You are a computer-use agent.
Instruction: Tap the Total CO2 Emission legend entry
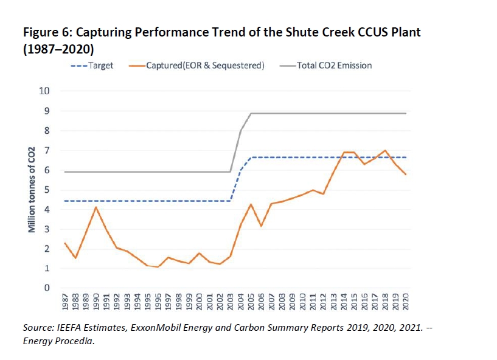(333, 65)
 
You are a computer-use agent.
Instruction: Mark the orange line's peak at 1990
(96, 207)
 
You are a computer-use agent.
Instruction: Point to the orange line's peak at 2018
(385, 150)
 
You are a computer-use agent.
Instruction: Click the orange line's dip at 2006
(261, 226)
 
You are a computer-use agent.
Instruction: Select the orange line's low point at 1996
(158, 267)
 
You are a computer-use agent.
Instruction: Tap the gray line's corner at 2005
(251, 113)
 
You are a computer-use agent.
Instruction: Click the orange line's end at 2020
(406, 175)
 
